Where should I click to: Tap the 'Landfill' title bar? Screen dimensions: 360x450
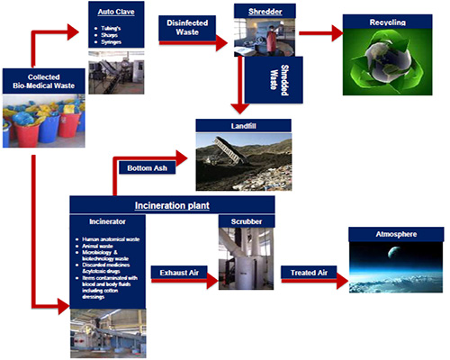[x=243, y=127]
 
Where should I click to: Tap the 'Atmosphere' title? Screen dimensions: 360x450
[x=397, y=235]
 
